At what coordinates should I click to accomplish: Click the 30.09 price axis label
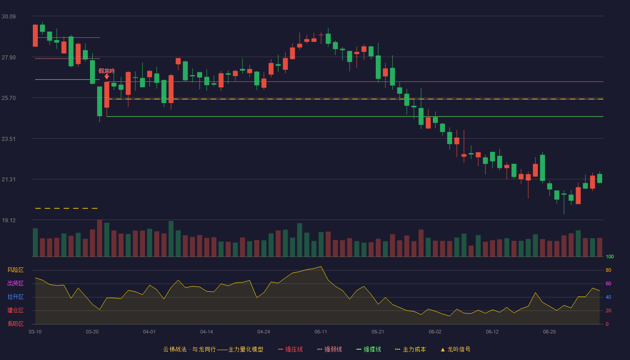(9, 17)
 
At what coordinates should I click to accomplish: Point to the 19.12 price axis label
(9, 220)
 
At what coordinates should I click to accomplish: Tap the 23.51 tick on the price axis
(9, 139)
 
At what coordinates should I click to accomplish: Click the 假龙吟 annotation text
(107, 71)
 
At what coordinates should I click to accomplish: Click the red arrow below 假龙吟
(107, 77)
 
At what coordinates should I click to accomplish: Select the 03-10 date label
(35, 332)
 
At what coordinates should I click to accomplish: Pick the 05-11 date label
(321, 332)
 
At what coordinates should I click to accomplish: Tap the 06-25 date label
(549, 332)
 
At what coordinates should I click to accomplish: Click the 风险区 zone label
(15, 270)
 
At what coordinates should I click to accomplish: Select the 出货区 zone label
(15, 283)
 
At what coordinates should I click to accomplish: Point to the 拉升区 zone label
(15, 297)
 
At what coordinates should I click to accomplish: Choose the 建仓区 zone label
(15, 310)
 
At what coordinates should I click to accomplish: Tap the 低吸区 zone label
(15, 324)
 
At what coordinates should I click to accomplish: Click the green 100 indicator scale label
(610, 256)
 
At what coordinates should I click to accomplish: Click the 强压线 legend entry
(290, 349)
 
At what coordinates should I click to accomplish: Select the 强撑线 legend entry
(369, 349)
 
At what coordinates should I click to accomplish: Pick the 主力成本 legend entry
(410, 349)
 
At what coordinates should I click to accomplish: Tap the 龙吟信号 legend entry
(455, 349)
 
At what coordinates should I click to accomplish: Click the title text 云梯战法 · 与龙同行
(189, 349)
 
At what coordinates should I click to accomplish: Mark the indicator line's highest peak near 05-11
(321, 266)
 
